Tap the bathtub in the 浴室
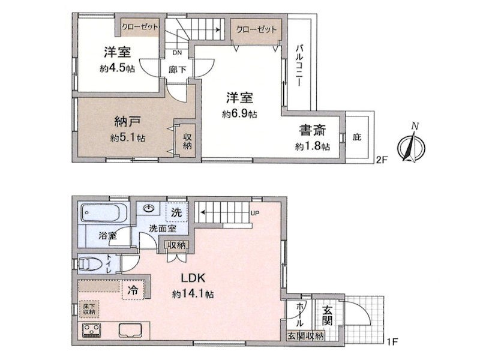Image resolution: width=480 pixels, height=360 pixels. point(104,213)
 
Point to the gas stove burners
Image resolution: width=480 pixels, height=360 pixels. point(92,331)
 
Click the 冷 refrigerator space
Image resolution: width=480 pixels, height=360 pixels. point(133,290)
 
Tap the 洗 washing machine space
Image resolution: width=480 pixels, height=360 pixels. point(176,212)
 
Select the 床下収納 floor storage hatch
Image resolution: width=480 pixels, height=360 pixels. point(89,309)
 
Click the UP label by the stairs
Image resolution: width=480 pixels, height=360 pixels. point(255,213)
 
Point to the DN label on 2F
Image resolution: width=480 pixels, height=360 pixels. point(177,53)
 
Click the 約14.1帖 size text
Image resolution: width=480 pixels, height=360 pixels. point(193,294)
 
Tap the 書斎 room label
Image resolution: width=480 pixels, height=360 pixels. point(313,131)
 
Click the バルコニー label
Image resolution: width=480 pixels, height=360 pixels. point(299,65)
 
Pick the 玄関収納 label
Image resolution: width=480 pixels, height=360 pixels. point(305,336)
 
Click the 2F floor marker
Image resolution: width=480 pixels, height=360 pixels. point(382,160)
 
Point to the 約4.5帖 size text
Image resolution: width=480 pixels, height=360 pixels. point(117,68)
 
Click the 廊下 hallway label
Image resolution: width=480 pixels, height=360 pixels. point(177,70)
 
